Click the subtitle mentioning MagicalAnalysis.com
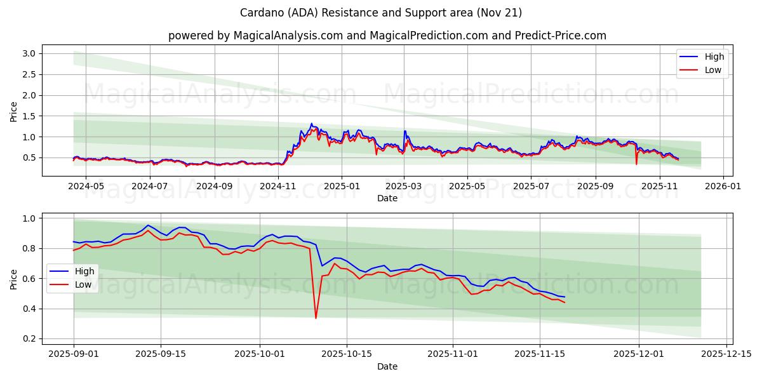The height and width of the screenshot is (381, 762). [x=387, y=36]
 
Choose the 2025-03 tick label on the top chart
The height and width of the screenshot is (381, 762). [x=404, y=186]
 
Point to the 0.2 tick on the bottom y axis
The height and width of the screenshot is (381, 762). [x=30, y=339]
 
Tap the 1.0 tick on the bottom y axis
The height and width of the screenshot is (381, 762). [x=30, y=218]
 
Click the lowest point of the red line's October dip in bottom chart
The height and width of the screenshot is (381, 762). [x=316, y=318]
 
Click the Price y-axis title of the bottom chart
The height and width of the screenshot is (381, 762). [x=13, y=279]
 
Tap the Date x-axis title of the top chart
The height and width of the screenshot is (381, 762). [x=387, y=198]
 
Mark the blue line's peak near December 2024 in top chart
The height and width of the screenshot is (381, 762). [x=311, y=124]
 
